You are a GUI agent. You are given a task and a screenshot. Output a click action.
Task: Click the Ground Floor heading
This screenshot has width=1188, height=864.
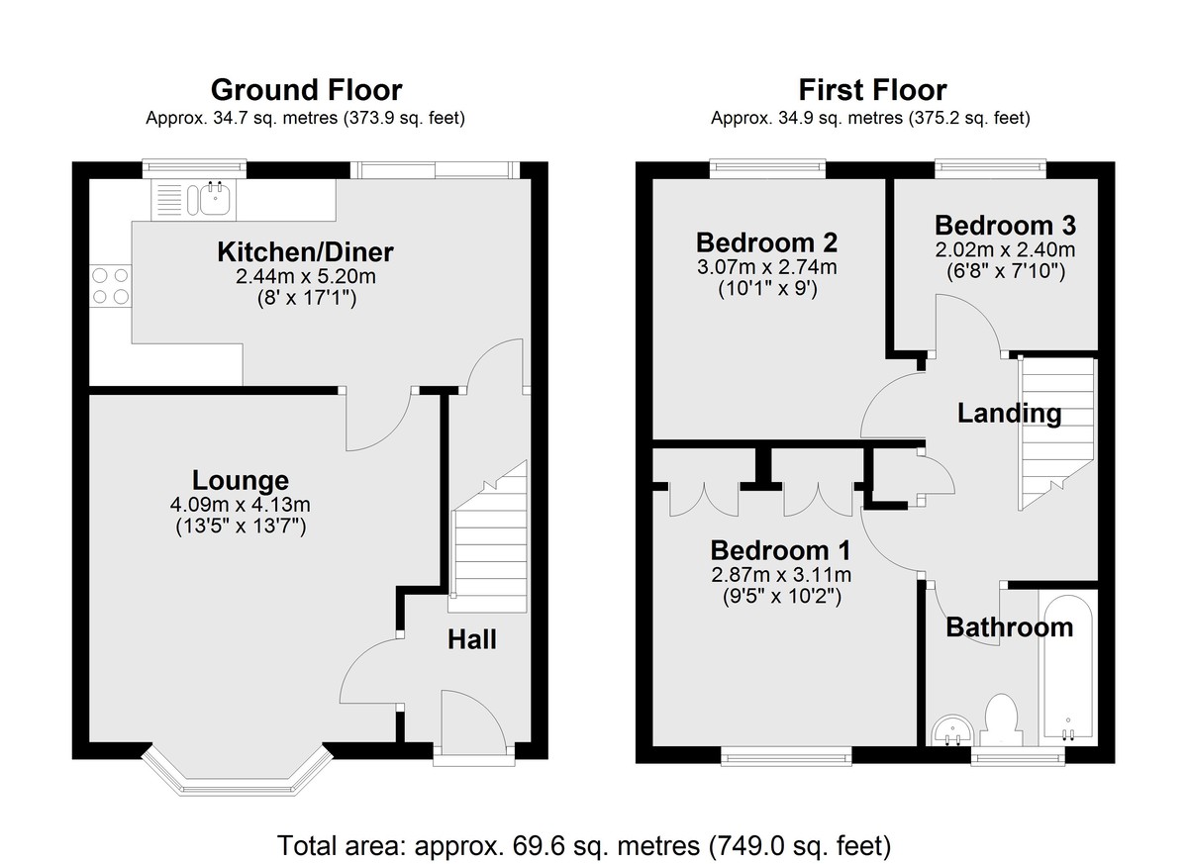(x=307, y=90)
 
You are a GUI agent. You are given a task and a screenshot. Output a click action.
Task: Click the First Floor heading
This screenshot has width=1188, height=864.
(x=872, y=90)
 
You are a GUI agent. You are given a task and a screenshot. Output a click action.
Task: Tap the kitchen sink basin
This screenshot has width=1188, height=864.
(x=215, y=200)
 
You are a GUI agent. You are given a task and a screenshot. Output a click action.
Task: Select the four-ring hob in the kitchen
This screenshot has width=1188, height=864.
(x=110, y=286)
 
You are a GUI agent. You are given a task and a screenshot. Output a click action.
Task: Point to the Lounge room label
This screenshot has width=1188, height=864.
(x=241, y=480)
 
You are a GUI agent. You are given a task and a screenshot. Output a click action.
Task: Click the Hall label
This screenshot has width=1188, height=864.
(x=472, y=639)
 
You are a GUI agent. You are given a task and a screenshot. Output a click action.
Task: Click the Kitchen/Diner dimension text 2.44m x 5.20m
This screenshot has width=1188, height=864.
(x=306, y=276)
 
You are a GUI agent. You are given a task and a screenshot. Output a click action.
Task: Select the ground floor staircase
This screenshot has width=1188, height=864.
(x=489, y=536)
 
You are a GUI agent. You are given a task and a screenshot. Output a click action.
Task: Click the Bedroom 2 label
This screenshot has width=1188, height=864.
(x=767, y=242)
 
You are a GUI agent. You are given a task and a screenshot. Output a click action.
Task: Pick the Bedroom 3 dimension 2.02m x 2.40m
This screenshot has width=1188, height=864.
(x=1005, y=249)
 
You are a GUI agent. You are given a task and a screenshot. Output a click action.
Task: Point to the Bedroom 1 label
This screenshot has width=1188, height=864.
(x=781, y=550)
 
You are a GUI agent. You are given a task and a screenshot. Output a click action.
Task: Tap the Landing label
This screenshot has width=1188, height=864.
(x=1009, y=414)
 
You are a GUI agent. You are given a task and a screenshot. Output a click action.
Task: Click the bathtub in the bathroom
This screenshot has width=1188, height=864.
(x=1067, y=669)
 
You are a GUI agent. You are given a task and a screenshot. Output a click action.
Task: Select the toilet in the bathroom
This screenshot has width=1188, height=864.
(x=1001, y=720)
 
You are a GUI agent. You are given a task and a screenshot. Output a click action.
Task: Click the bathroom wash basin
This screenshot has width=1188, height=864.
(x=952, y=730)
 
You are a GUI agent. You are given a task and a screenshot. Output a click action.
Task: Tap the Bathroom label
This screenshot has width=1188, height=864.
(x=1010, y=627)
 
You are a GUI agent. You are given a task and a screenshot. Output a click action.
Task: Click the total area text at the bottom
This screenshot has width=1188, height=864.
(x=584, y=845)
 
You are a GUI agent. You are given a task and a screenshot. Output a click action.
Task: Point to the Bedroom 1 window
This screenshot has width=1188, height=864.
(x=786, y=756)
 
